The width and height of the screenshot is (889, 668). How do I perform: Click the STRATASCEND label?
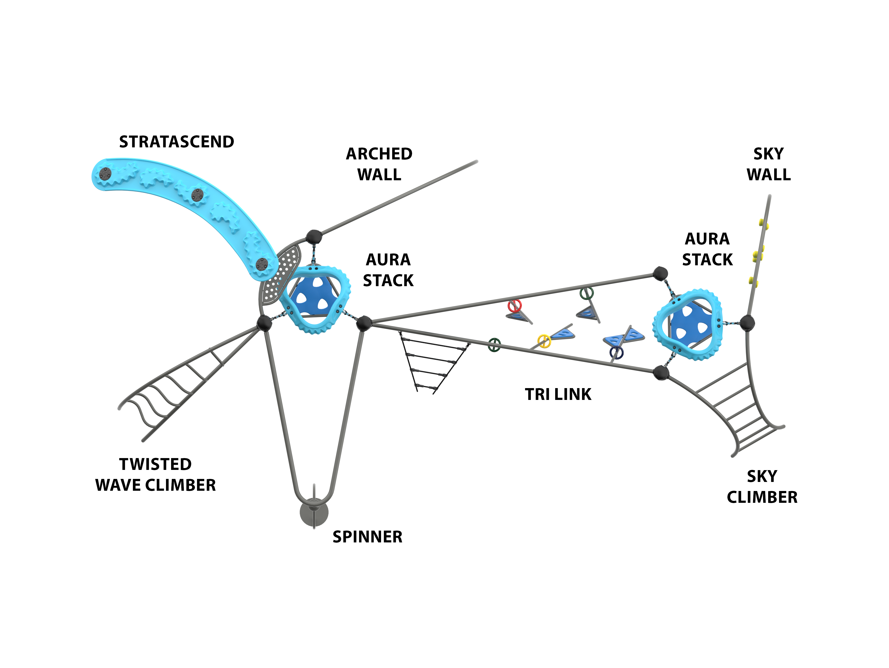(x=176, y=142)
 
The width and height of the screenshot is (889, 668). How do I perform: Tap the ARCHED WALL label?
(x=379, y=164)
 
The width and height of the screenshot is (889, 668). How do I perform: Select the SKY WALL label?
(x=768, y=164)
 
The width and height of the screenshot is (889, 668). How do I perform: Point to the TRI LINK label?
(x=558, y=395)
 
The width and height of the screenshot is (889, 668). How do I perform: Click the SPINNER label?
(x=367, y=537)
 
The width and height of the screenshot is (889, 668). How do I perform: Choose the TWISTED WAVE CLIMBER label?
(x=156, y=475)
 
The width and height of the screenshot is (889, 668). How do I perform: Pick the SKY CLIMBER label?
(x=762, y=487)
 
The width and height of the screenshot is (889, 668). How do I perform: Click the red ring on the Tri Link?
(x=514, y=306)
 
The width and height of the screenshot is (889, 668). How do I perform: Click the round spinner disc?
(x=314, y=513)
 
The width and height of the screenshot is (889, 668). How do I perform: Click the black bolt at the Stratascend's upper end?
(x=105, y=174)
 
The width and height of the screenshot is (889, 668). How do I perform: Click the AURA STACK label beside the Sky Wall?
(x=707, y=249)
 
